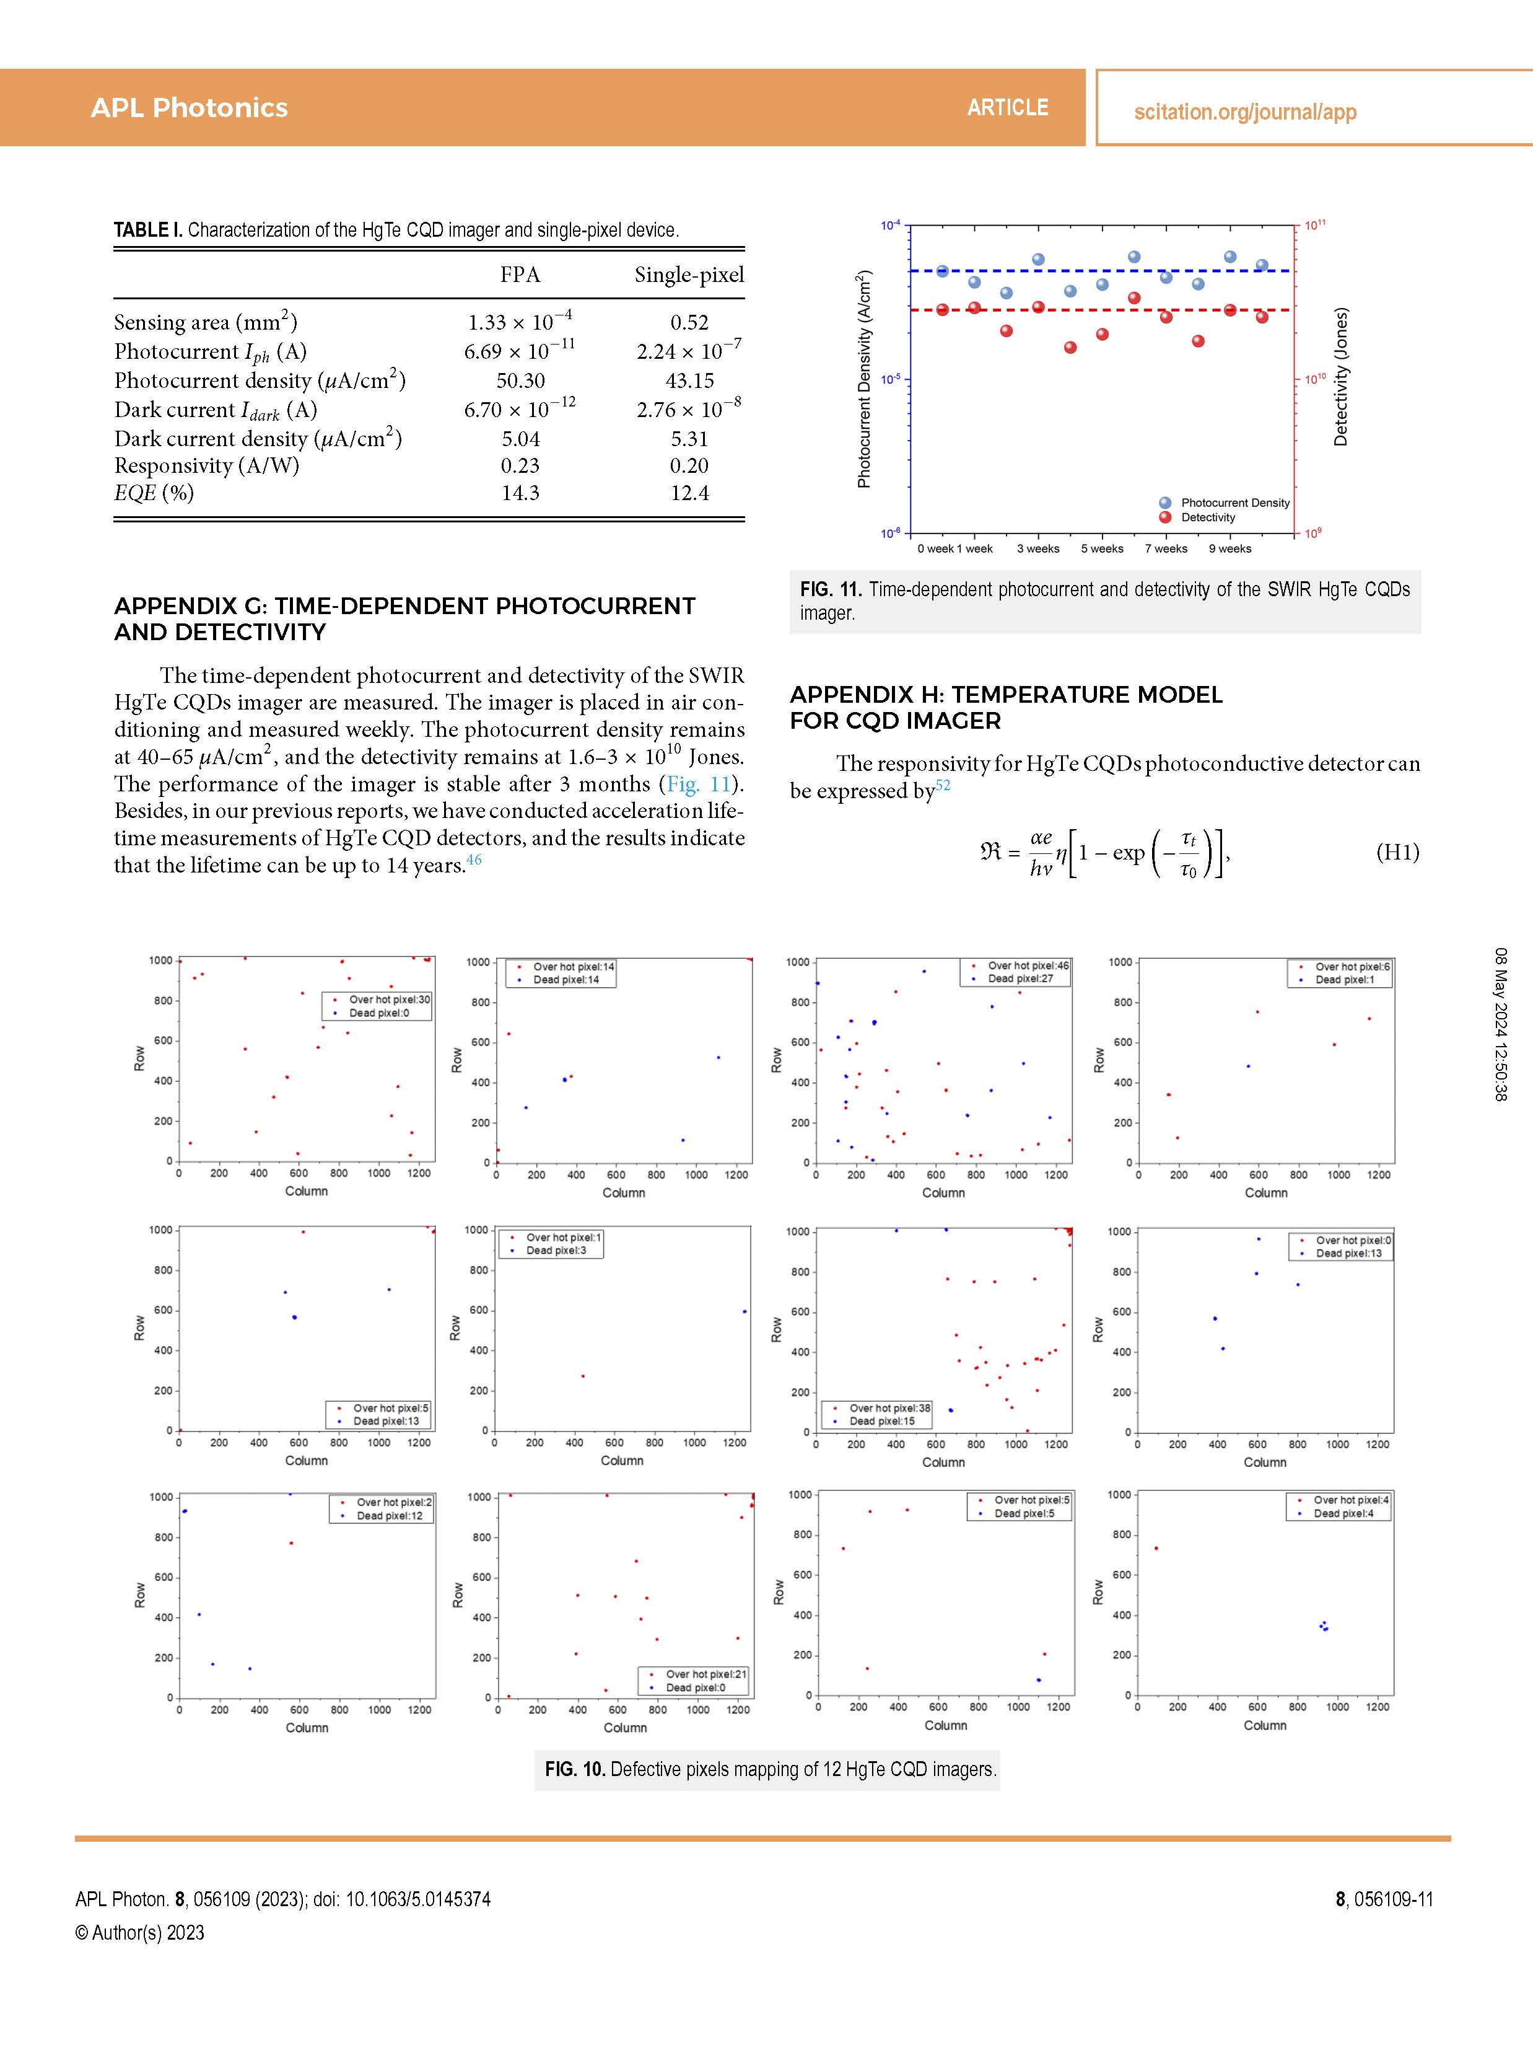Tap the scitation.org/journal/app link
point(1245,112)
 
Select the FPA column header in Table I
point(520,275)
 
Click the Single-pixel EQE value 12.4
point(689,493)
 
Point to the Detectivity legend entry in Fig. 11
point(1208,517)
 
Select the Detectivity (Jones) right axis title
point(1341,377)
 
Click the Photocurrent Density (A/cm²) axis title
point(864,379)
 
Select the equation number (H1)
point(1397,851)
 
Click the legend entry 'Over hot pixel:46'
point(1028,965)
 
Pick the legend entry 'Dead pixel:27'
point(1020,978)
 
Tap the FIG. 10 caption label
point(574,1769)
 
